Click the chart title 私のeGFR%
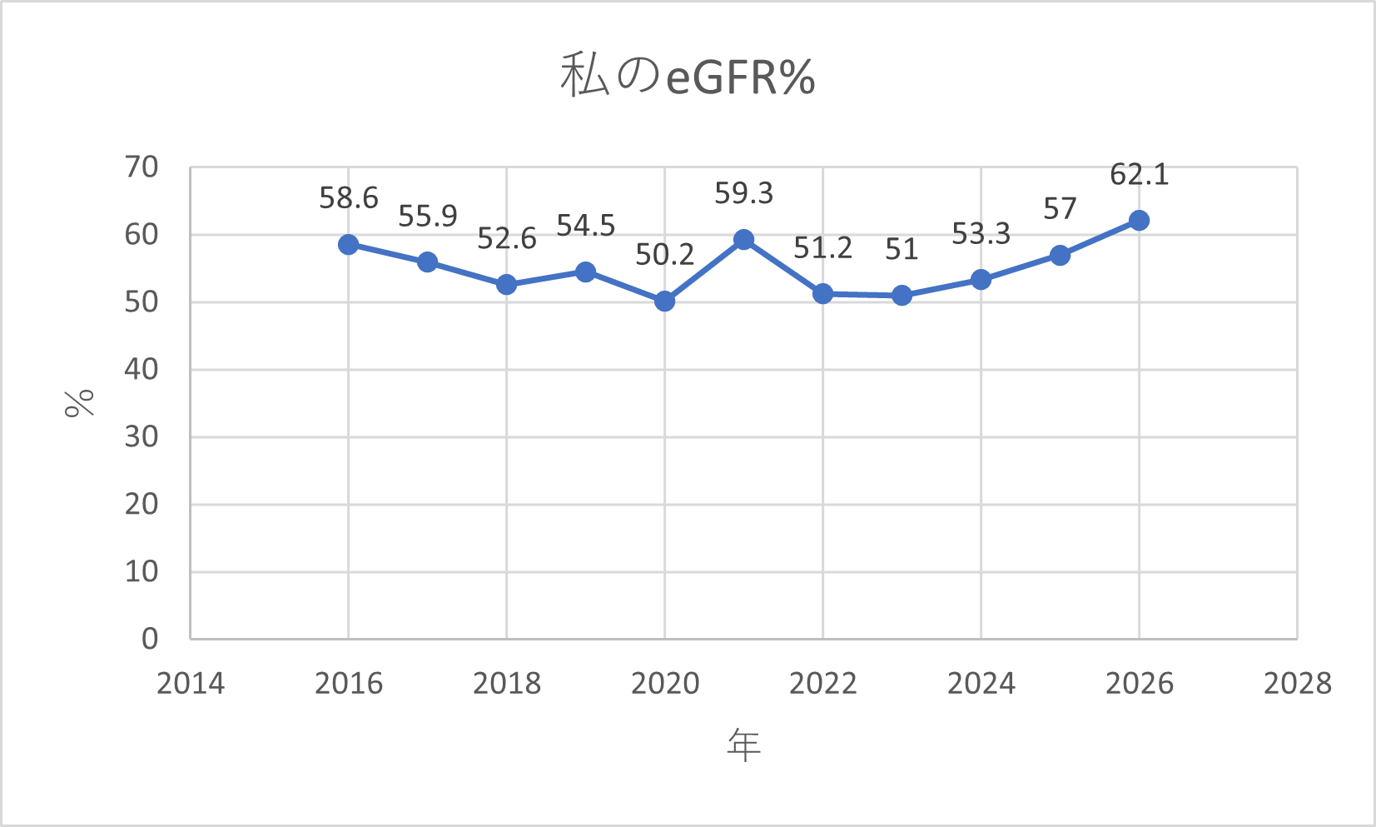click(688, 77)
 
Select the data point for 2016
click(349, 244)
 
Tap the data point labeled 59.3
click(744, 240)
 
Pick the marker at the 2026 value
click(1139, 221)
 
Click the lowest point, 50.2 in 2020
click(664, 301)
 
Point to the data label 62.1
click(1139, 175)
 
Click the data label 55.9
click(427, 217)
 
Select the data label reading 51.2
click(822, 248)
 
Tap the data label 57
click(1060, 209)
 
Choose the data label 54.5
click(585, 226)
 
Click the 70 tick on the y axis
click(142, 167)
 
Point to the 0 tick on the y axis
click(150, 639)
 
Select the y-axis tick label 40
click(142, 369)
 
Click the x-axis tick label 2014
click(191, 684)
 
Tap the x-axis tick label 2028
click(1297, 684)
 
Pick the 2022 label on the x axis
click(822, 684)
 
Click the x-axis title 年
click(743, 745)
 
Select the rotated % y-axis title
click(80, 403)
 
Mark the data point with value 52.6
click(506, 285)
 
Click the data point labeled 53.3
click(981, 280)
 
